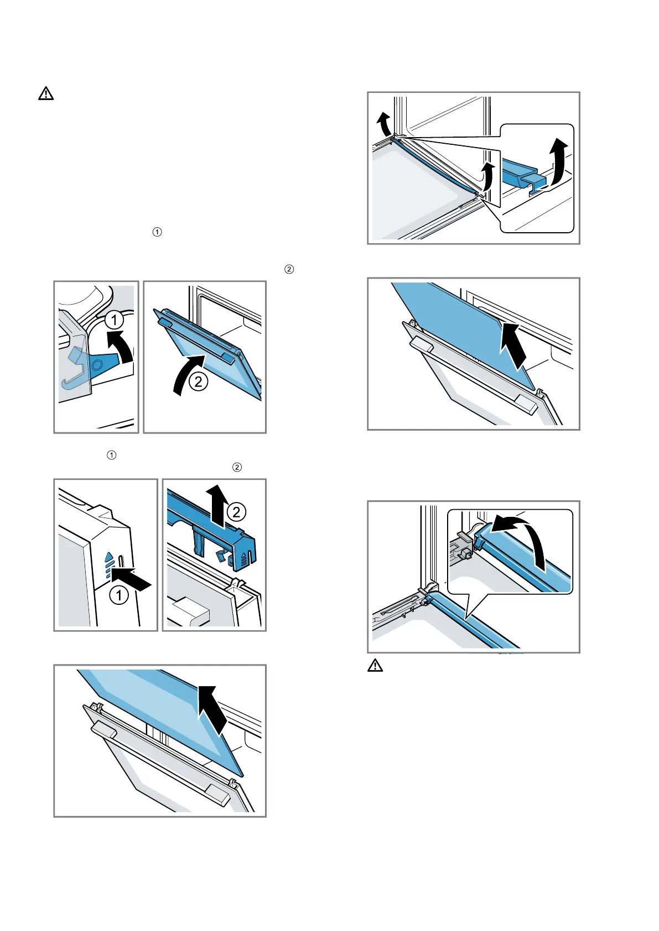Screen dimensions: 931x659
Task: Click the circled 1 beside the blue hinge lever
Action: [x=114, y=320]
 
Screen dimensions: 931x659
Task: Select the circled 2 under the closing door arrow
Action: [x=198, y=381]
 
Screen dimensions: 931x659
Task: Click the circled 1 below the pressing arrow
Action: [x=119, y=595]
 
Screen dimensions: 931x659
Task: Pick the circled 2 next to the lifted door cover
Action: [x=236, y=512]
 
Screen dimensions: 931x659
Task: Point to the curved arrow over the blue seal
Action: [x=520, y=539]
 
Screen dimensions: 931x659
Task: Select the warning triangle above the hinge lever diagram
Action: [x=46, y=93]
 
